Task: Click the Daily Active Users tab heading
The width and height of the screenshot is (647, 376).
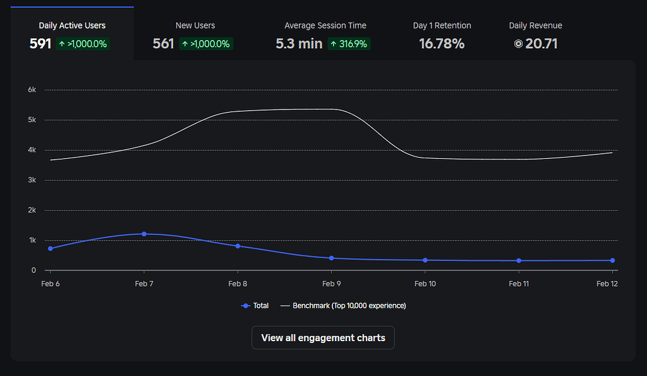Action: tap(72, 25)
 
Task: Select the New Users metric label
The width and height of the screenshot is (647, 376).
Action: tap(195, 25)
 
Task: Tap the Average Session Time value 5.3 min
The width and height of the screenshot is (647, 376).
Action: tap(299, 44)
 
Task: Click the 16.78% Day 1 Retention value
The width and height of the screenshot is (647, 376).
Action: tap(442, 44)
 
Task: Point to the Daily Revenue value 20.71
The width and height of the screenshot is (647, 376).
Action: tap(541, 44)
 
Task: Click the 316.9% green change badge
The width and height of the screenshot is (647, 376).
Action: tap(349, 44)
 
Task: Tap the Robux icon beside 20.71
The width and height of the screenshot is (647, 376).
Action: tap(518, 44)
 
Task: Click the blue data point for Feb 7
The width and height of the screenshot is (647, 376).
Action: tap(144, 234)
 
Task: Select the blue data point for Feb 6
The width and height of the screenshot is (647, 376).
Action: tap(51, 248)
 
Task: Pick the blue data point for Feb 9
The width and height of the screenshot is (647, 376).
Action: tap(331, 258)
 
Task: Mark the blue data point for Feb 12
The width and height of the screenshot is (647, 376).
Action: tap(612, 260)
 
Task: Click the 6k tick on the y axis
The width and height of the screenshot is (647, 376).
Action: tap(32, 90)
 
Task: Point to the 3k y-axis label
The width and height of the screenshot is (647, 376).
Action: tap(32, 180)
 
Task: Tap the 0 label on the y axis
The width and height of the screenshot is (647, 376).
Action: tap(33, 270)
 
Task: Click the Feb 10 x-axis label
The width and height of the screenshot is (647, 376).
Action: tap(425, 284)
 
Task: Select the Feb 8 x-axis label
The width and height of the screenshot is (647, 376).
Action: tap(238, 284)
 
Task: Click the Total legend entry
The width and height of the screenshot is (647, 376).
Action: tap(255, 306)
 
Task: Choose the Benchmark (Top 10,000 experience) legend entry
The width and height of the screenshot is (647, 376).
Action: tap(343, 306)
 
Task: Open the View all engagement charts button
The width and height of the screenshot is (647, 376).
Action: tap(323, 337)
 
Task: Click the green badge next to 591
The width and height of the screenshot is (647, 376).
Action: tap(83, 44)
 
